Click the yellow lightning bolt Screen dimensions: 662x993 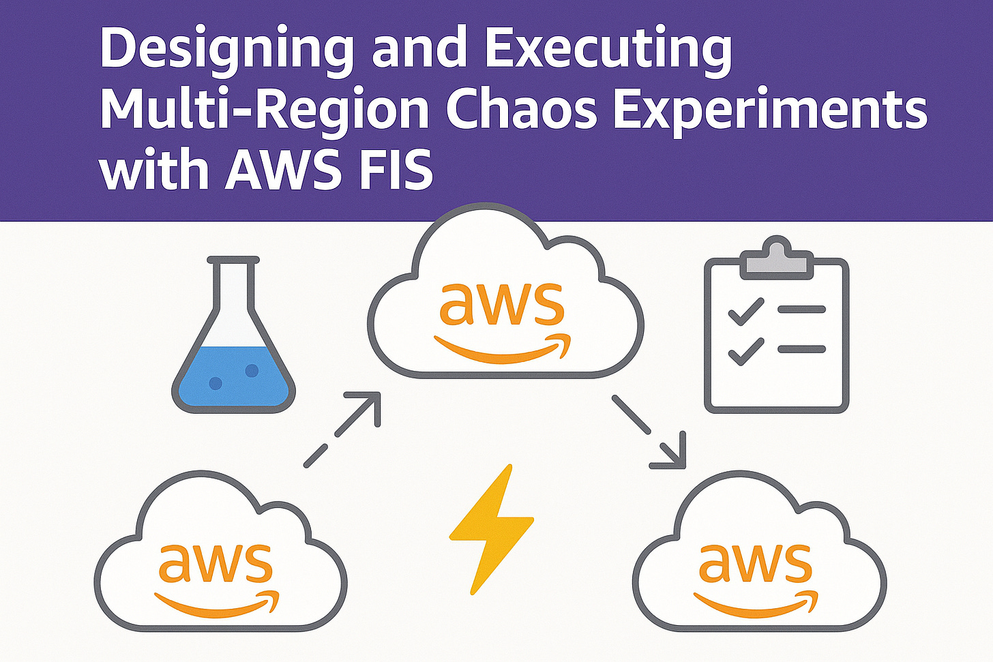click(491, 528)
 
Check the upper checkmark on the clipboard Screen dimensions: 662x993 click(745, 313)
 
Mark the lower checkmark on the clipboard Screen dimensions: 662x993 click(745, 351)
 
